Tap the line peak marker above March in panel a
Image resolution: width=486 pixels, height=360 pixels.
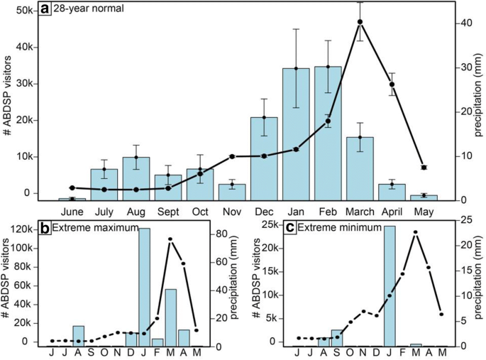click(360, 21)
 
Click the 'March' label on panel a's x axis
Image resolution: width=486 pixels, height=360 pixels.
click(360, 211)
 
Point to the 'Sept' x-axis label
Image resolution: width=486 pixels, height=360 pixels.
click(168, 211)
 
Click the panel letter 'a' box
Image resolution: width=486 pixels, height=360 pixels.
click(45, 9)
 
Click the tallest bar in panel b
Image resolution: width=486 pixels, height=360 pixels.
click(144, 287)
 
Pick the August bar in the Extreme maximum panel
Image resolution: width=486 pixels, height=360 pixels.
click(79, 335)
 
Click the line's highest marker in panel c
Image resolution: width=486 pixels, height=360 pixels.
click(416, 232)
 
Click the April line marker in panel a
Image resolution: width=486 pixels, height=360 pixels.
click(392, 84)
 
